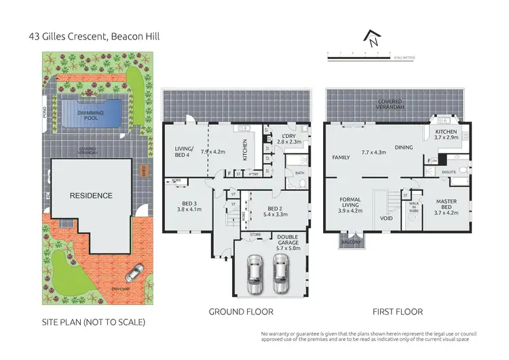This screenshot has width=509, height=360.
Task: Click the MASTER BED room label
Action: (x=446, y=202)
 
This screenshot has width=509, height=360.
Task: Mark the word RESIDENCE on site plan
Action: (x=92, y=196)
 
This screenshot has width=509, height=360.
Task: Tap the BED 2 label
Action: (x=275, y=209)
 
